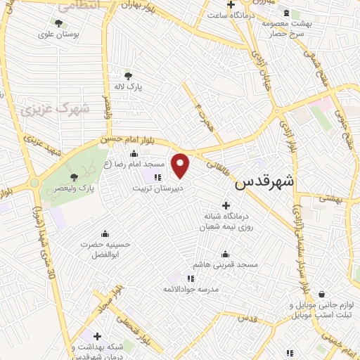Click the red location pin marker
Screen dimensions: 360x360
(181, 165)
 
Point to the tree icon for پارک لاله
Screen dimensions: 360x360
(128, 75)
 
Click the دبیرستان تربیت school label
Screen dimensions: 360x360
(158, 188)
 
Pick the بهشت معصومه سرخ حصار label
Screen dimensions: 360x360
(286, 28)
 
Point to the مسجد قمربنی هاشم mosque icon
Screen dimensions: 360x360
(226, 254)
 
